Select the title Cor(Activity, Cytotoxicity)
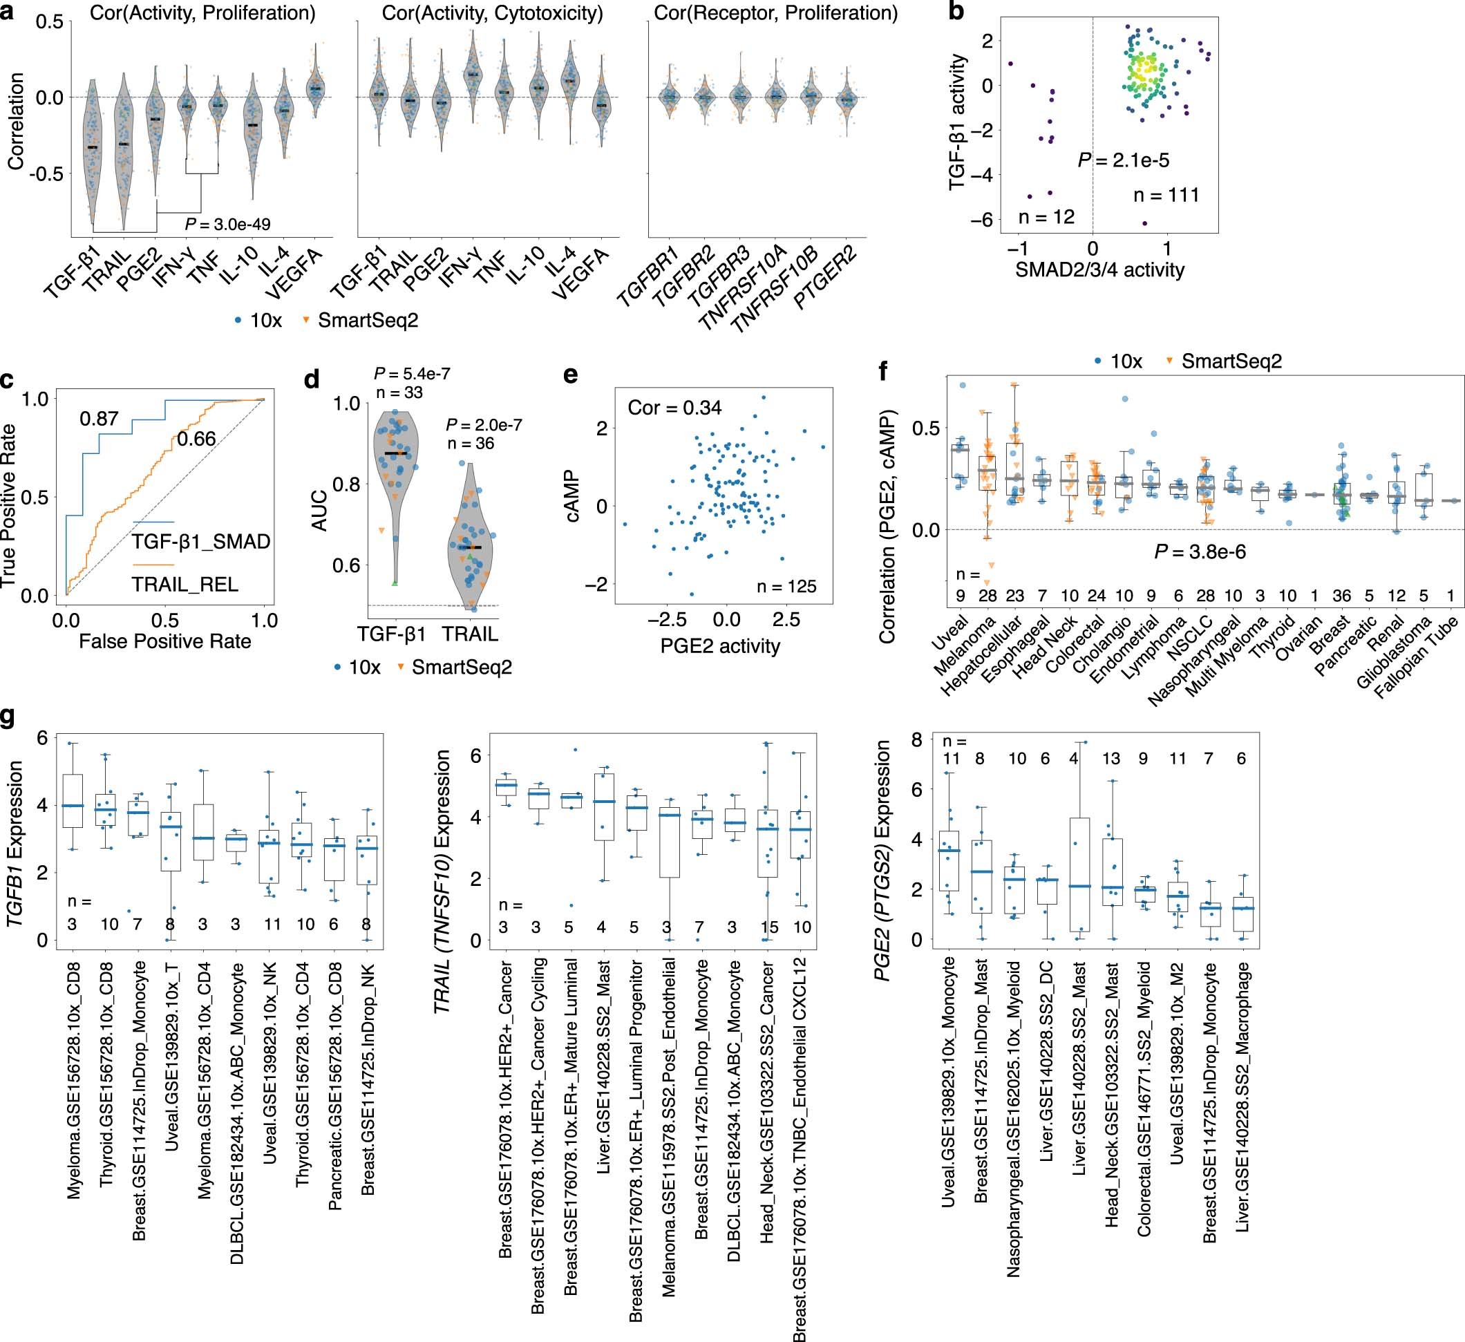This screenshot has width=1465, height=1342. [x=492, y=13]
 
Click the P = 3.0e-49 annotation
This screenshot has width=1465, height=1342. [x=227, y=224]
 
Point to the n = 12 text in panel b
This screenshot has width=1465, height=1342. [x=1046, y=216]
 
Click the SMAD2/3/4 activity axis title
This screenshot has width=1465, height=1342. [x=1099, y=270]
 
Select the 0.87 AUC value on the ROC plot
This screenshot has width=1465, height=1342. [x=99, y=419]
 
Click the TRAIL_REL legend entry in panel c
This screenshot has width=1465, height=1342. [x=185, y=584]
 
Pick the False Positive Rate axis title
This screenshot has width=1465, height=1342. [x=165, y=641]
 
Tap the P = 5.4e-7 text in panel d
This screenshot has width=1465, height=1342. [x=411, y=373]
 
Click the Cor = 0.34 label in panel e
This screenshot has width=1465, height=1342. [x=674, y=408]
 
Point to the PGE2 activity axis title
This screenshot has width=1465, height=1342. [x=719, y=646]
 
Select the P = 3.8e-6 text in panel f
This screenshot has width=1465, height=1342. [x=1200, y=552]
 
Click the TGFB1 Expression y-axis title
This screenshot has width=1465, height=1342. [x=16, y=843]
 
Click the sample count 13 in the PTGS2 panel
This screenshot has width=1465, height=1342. [x=1111, y=759]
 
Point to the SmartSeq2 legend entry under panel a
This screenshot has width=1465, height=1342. [x=367, y=320]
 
